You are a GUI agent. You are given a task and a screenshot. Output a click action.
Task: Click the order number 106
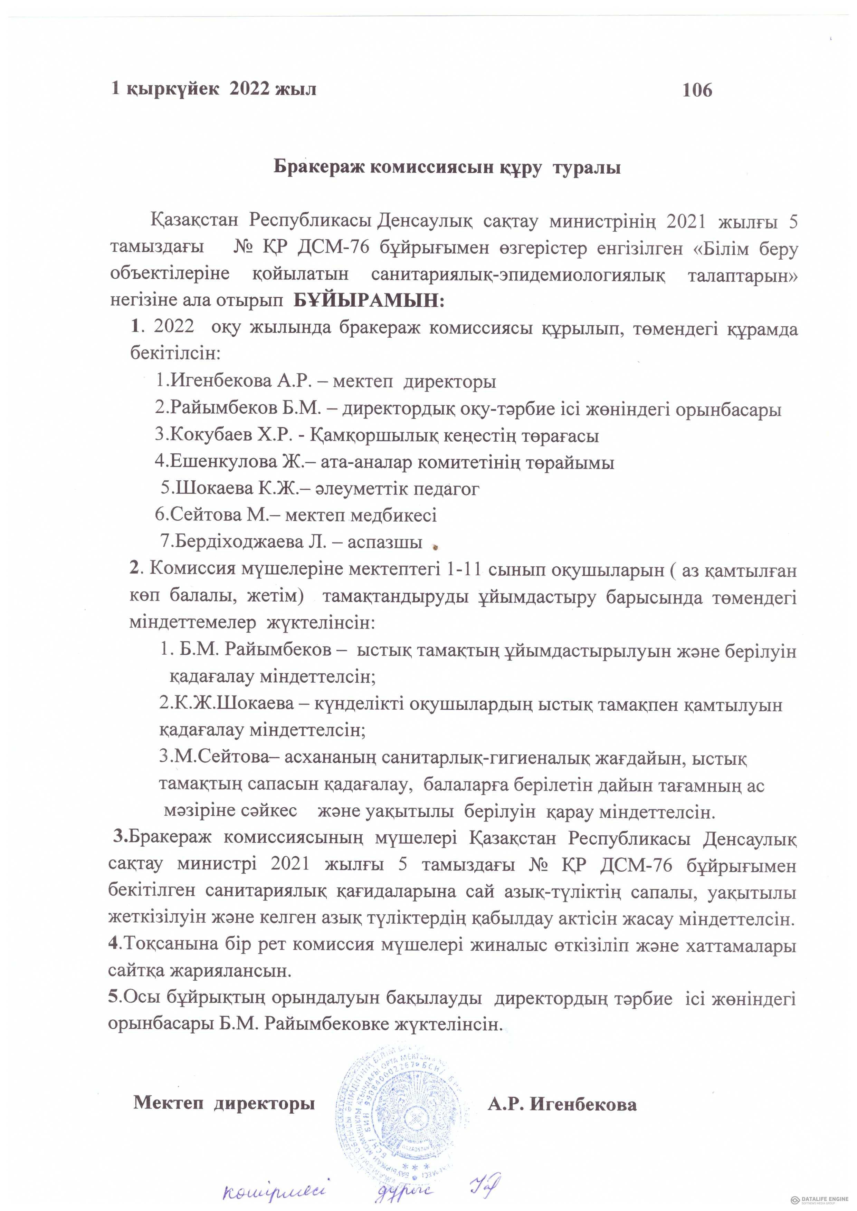click(x=697, y=90)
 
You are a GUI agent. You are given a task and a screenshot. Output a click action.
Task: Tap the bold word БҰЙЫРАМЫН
click(x=369, y=301)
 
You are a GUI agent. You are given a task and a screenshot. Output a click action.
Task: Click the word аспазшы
click(x=385, y=542)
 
